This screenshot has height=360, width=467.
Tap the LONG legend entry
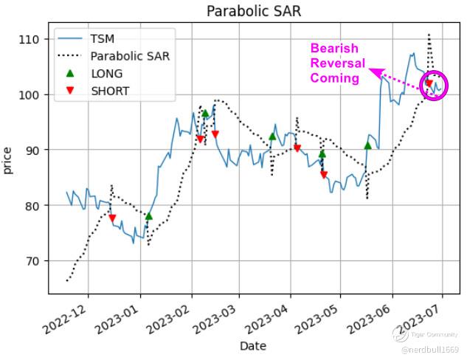click(106, 74)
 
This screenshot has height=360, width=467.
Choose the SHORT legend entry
click(109, 91)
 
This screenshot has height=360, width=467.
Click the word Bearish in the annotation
click(333, 49)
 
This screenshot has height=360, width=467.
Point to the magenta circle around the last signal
click(433, 86)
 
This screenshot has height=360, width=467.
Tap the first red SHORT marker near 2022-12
click(112, 218)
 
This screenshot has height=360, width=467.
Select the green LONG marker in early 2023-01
click(149, 216)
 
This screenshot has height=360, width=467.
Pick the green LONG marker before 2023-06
click(367, 145)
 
